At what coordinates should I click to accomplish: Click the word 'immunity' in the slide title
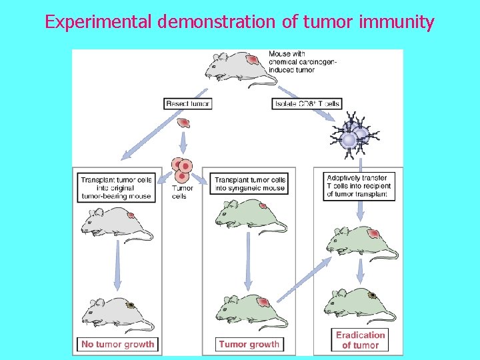pyautogui.click(x=398, y=22)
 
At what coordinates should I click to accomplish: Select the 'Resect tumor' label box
pyautogui.click(x=187, y=103)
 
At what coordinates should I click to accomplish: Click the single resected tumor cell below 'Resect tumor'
pyautogui.click(x=185, y=123)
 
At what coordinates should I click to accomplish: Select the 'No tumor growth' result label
pyautogui.click(x=118, y=345)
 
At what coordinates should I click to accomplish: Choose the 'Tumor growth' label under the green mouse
pyautogui.click(x=249, y=345)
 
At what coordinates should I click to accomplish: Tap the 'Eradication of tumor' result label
pyautogui.click(x=360, y=340)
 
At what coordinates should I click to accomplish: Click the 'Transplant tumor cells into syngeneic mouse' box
pyautogui.click(x=249, y=184)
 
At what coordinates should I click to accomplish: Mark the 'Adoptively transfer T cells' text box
pyautogui.click(x=358, y=186)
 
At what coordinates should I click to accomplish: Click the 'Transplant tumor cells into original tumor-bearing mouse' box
pyautogui.click(x=117, y=188)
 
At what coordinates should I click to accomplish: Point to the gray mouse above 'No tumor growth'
pyautogui.click(x=117, y=313)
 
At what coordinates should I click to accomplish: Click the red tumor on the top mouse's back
pyautogui.click(x=251, y=60)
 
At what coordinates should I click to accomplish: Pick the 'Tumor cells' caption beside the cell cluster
pyautogui.click(x=181, y=192)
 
